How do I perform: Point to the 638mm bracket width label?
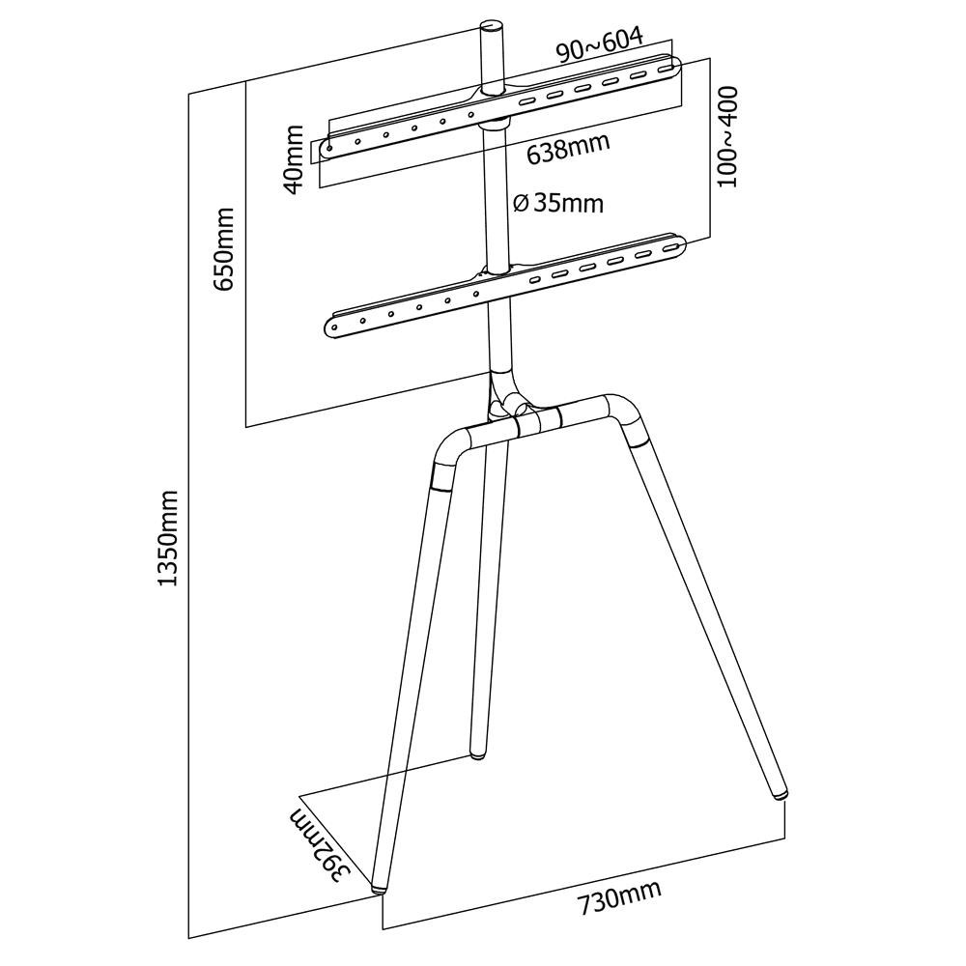pyautogui.click(x=568, y=149)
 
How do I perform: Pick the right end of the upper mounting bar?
pyautogui.click(x=670, y=68)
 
